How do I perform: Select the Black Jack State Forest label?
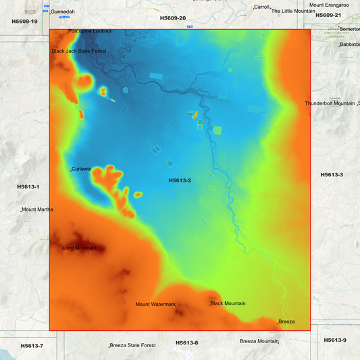[80, 51]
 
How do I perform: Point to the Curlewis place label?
[81, 169]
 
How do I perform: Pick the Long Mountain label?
[79, 248]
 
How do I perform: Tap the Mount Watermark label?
[155, 304]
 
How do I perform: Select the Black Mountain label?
[228, 303]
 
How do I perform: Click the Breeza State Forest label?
[133, 345]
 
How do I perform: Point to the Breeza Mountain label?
[259, 341]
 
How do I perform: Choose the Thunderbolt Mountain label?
[330, 103]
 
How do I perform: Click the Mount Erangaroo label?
[329, 5]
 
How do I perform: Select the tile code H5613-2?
[180, 180]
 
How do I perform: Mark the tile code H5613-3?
[332, 175]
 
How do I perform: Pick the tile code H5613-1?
[28, 186]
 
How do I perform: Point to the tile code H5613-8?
[187, 342]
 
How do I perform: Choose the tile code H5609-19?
[25, 22]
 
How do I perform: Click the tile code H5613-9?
[335, 340]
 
